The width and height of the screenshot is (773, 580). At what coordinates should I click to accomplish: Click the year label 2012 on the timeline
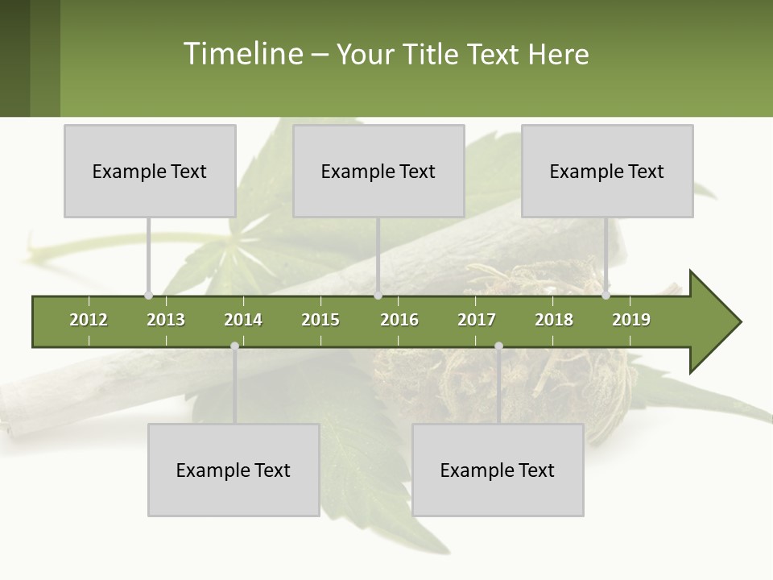click(89, 320)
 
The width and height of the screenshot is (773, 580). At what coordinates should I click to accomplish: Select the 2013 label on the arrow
click(166, 320)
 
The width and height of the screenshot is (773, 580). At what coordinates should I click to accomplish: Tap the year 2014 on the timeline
click(243, 320)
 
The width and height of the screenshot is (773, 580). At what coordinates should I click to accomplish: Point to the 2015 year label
click(320, 320)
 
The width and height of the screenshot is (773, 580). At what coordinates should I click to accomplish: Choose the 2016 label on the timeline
click(399, 320)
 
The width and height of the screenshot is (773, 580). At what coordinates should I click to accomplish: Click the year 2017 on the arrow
click(477, 320)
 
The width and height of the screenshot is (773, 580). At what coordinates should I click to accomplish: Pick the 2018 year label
click(554, 320)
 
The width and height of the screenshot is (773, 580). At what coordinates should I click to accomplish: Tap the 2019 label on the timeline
click(631, 320)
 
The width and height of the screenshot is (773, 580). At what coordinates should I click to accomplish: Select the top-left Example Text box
click(150, 171)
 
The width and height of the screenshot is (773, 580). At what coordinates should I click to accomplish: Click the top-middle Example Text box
click(378, 171)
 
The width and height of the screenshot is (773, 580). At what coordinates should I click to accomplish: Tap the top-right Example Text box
click(607, 171)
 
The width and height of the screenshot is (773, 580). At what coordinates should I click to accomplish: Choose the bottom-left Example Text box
click(234, 470)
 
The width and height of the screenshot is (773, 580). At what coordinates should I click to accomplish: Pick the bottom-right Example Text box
click(498, 470)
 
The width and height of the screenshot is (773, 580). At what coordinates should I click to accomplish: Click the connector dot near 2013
click(148, 296)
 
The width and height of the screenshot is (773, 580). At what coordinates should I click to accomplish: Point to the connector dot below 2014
click(234, 346)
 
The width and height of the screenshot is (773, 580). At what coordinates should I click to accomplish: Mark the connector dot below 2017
click(498, 346)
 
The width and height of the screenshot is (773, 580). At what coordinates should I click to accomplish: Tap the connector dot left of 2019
click(606, 296)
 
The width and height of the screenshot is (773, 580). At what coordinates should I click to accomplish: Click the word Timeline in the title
click(242, 54)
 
